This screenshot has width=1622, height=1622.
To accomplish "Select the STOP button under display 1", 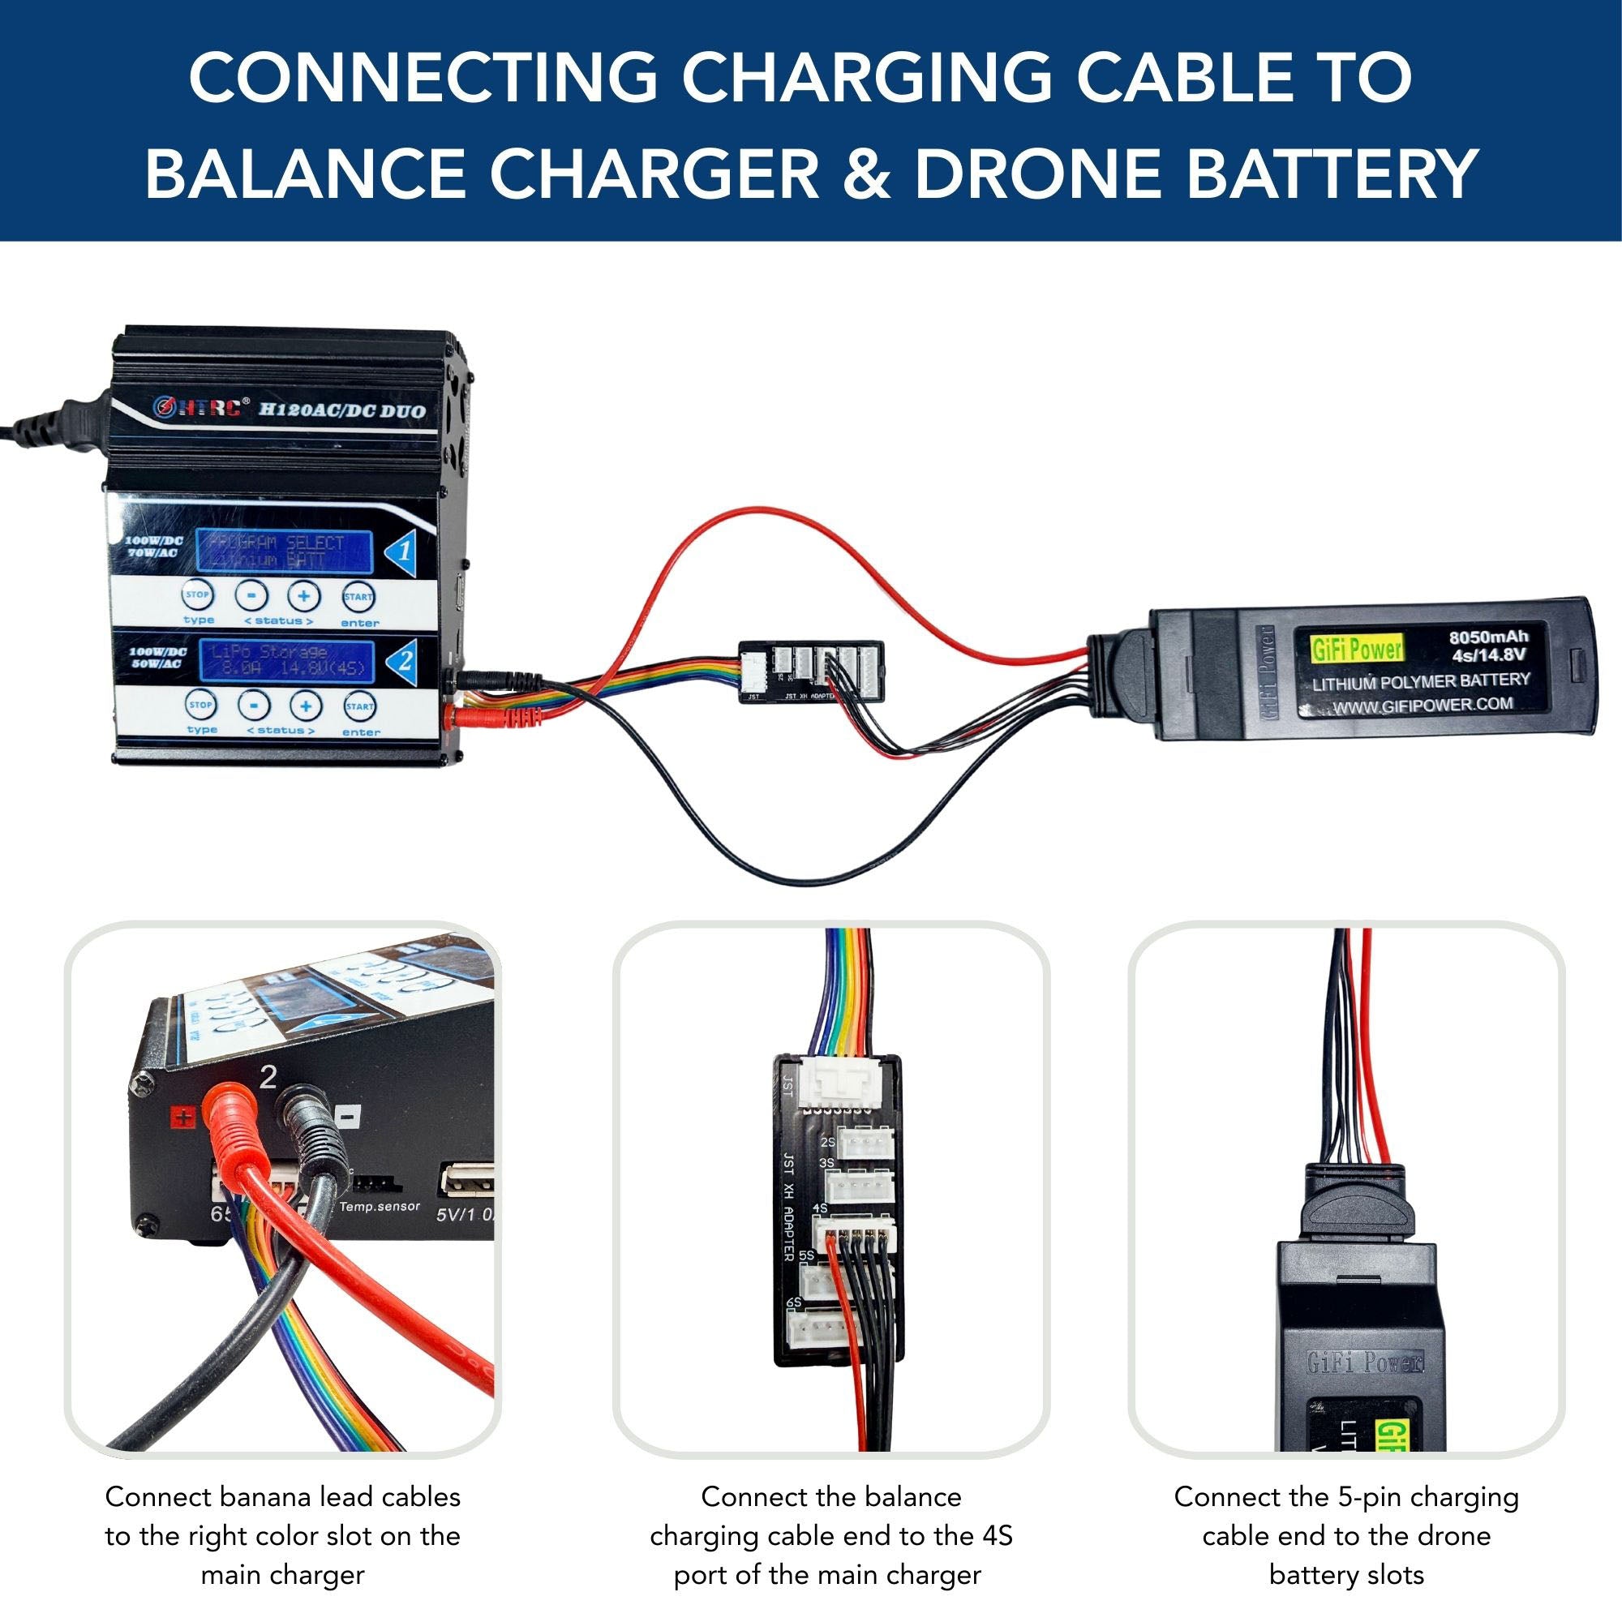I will click(196, 596).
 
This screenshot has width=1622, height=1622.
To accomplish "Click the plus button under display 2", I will click(307, 706).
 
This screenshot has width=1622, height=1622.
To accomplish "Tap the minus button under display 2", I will click(253, 706).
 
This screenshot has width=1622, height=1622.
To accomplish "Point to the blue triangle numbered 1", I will click(402, 552).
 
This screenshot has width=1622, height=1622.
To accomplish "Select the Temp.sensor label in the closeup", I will click(380, 1207).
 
